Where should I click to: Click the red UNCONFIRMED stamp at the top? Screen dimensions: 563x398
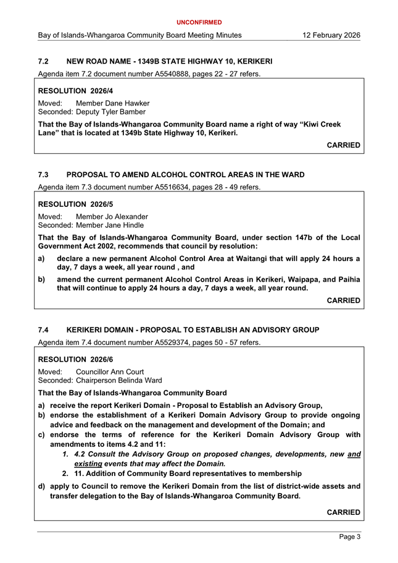pyautogui.click(x=199, y=22)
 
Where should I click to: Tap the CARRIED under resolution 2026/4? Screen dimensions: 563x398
pyautogui.click(x=343, y=145)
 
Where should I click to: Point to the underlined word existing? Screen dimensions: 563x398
pyautogui.click(x=88, y=463)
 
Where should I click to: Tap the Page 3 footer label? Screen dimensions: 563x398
pyautogui.click(x=350, y=537)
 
